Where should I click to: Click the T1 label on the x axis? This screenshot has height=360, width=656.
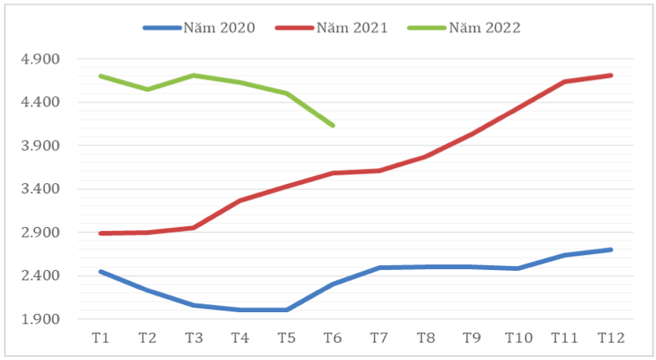(100, 338)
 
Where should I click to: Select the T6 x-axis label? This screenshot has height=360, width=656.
(333, 338)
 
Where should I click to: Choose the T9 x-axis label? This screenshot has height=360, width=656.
(472, 338)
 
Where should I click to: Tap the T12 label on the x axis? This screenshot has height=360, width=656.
(611, 338)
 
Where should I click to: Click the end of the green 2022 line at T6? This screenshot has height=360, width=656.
(333, 126)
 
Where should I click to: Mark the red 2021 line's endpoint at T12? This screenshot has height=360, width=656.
(611, 75)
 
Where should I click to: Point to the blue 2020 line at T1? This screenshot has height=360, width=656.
(100, 272)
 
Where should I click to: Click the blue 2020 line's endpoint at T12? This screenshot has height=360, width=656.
(611, 249)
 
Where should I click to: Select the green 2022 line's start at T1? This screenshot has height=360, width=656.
(100, 76)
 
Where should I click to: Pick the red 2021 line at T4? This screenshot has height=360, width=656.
(240, 201)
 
